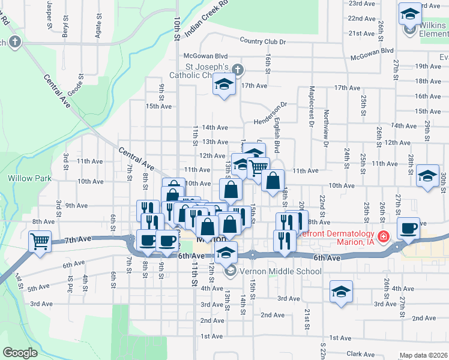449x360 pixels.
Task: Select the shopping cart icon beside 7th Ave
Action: pos(40,241)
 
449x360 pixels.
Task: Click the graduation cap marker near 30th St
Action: pos(427,176)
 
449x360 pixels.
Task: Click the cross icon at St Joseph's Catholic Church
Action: pos(238,70)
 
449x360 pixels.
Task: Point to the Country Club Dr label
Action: pos(262,41)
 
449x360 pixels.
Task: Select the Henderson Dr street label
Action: pos(270,112)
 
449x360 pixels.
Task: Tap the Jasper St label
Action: pos(49,16)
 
